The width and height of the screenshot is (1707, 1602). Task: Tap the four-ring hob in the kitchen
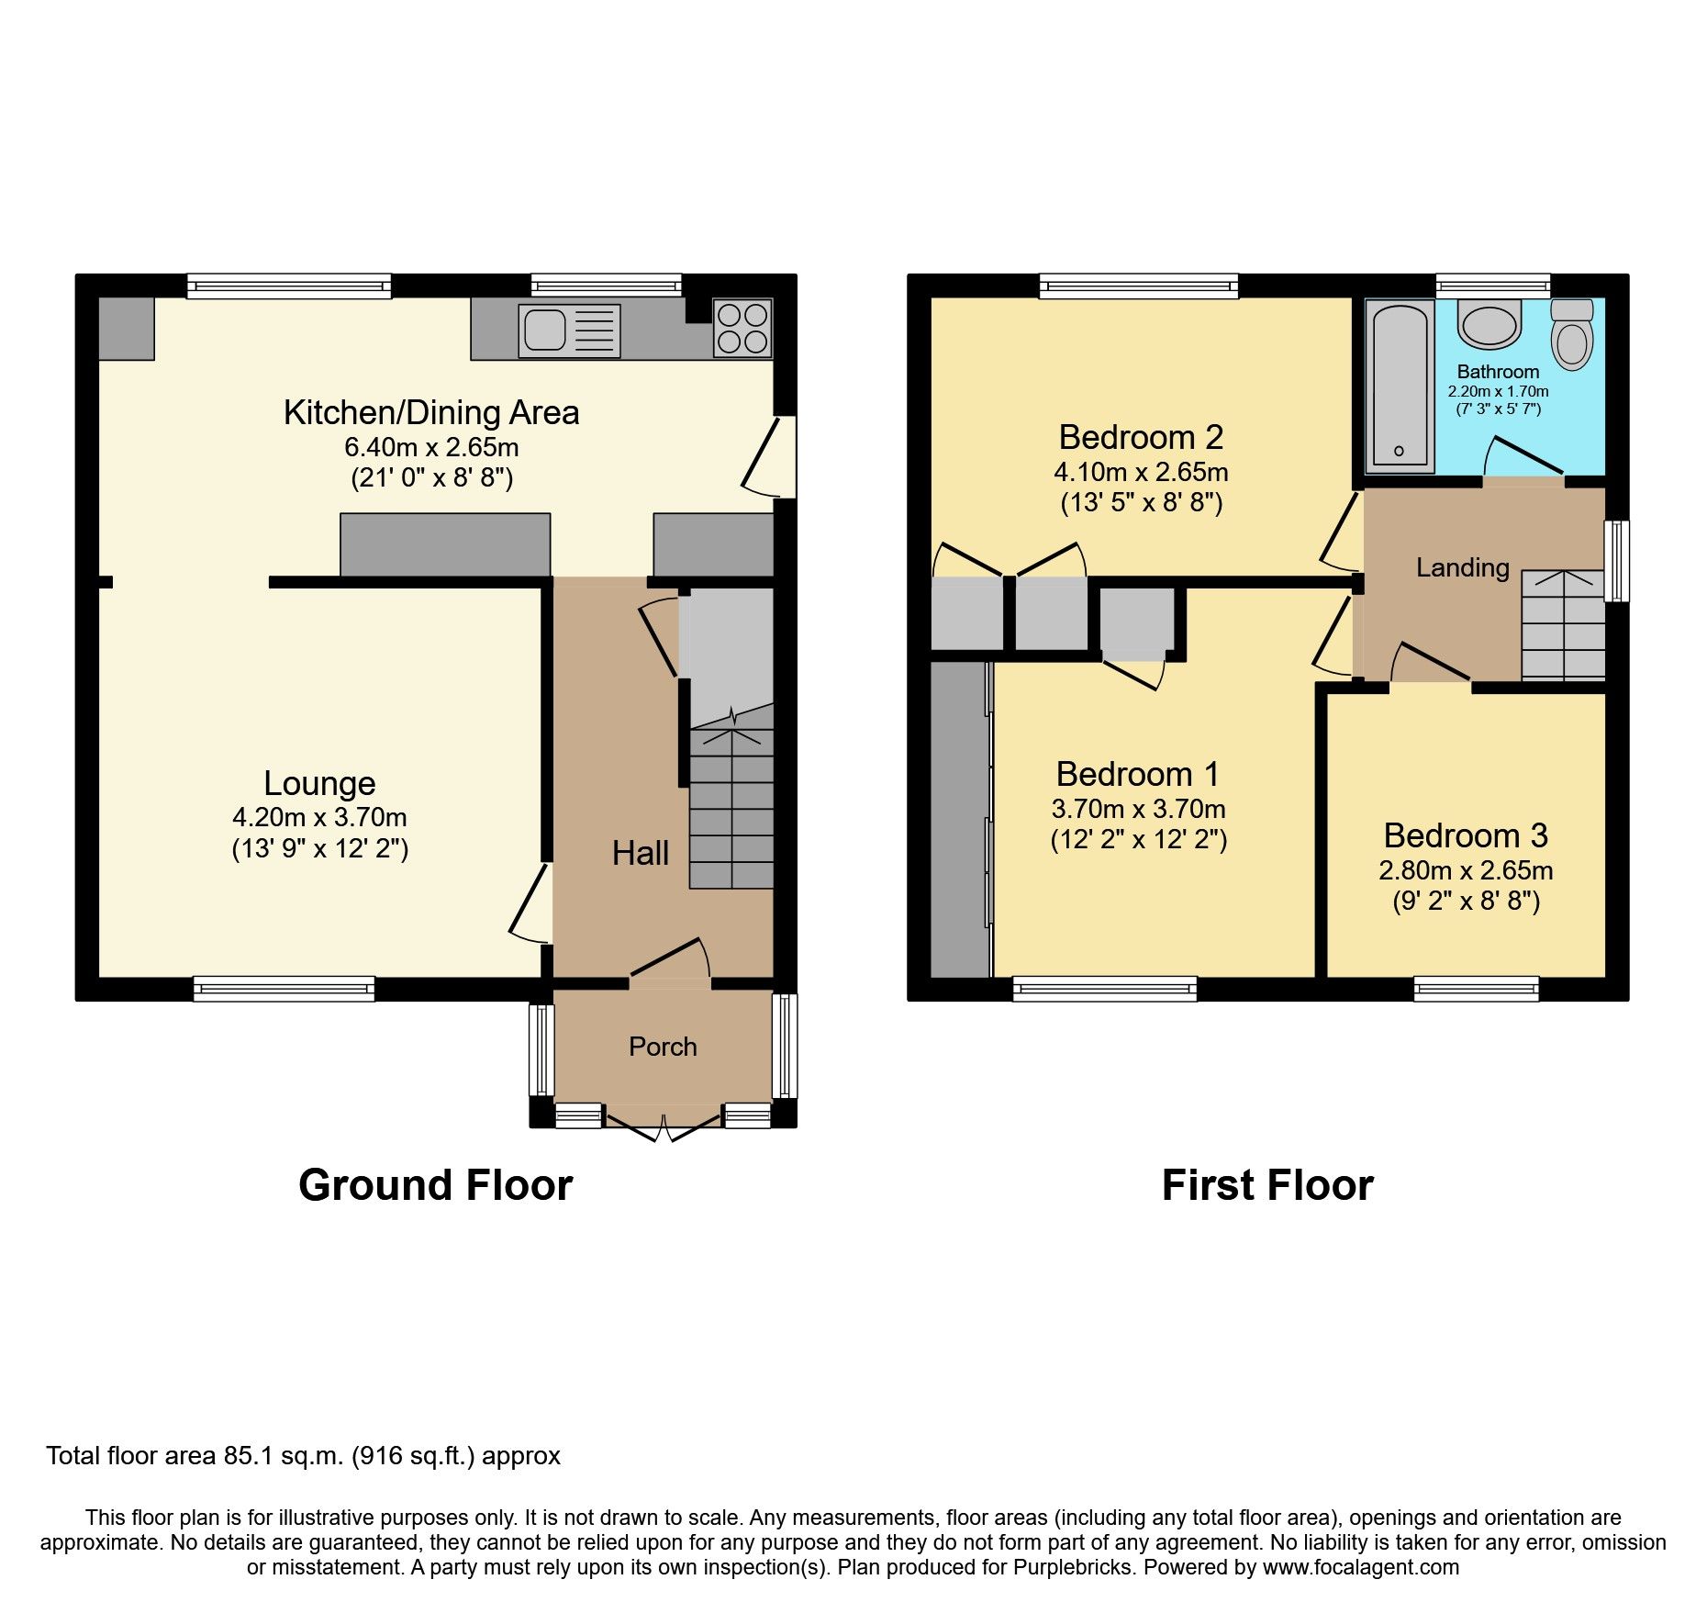pos(742,328)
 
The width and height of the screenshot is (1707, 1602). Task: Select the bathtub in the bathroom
pos(1399,386)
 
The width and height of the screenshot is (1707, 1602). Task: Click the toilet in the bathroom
pos(1572,336)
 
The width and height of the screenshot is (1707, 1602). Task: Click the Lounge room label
pos(319,783)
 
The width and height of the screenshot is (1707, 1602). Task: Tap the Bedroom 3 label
pos(1466,835)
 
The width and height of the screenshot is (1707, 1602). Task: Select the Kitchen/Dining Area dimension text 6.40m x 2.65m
pos(431,447)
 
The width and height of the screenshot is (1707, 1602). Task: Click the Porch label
pos(663,1047)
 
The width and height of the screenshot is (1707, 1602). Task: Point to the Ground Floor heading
pos(435,1185)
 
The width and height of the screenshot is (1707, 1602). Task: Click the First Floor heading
pos(1267,1185)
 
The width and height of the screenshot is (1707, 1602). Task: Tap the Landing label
pos(1462,567)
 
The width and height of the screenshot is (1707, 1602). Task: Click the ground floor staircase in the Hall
pos(731,808)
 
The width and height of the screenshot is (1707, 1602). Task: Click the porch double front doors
pos(664,1125)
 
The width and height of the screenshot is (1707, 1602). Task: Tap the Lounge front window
pos(284,988)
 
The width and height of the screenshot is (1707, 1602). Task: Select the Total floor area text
pos(303,1456)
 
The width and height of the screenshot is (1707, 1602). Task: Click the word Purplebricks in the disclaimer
pos(1073,1567)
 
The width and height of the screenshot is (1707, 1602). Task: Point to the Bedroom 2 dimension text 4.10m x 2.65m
pos(1141,472)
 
